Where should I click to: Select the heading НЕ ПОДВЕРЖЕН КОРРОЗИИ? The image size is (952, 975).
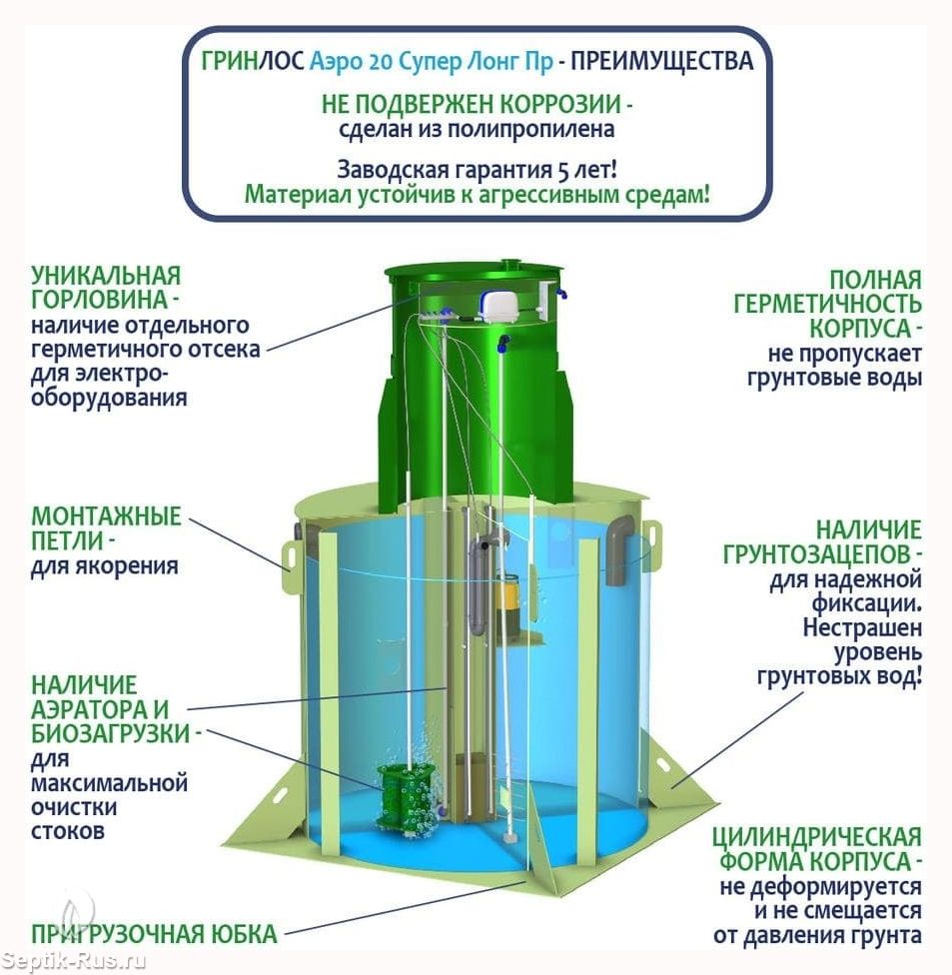(476, 103)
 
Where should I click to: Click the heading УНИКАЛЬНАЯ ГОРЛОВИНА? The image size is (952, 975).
(106, 288)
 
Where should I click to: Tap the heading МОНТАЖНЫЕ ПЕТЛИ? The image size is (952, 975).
(106, 529)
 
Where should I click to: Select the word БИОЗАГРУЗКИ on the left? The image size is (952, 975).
(110, 734)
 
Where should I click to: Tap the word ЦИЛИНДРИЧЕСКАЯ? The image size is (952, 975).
(816, 837)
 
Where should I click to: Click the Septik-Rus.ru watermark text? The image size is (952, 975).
(75, 961)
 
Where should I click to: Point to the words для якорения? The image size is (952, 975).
(104, 566)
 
